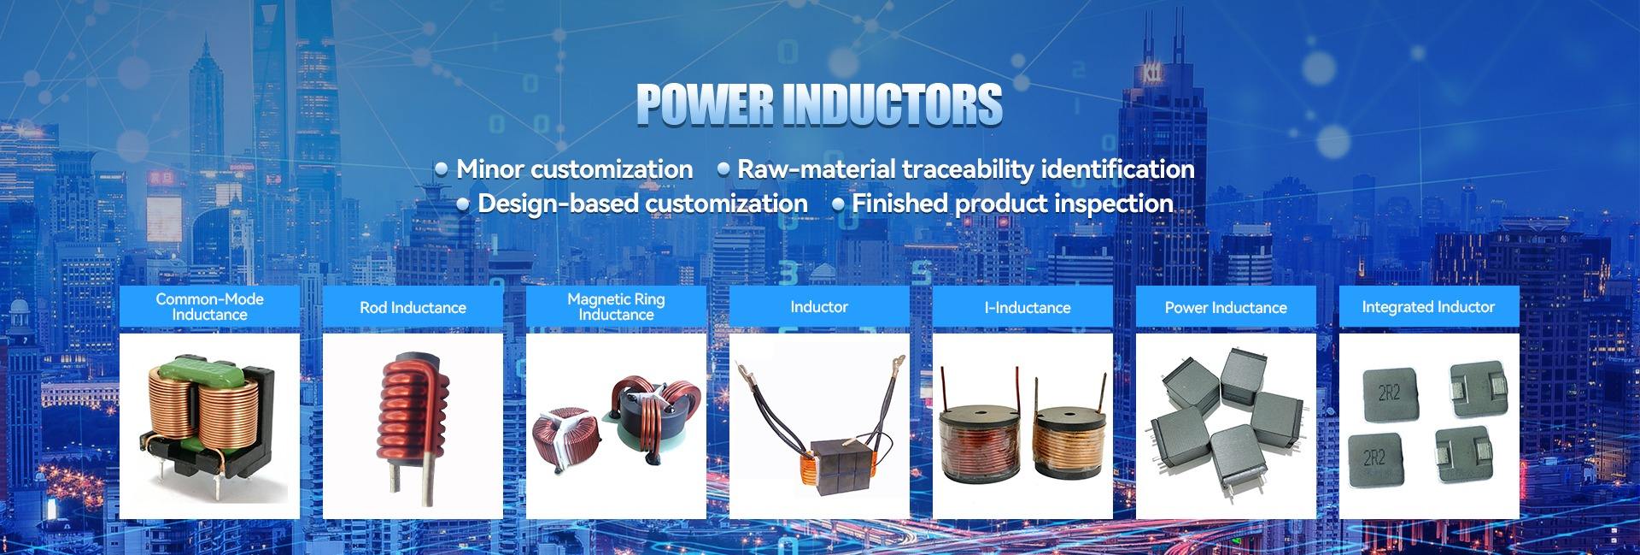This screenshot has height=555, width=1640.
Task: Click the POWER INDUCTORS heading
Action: tap(819, 104)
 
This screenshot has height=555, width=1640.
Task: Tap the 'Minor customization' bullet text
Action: tap(574, 169)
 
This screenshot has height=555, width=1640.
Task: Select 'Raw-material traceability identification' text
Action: tap(965, 169)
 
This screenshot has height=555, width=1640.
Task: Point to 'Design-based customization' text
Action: tap(642, 204)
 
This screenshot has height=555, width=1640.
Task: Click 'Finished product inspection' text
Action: tap(1012, 204)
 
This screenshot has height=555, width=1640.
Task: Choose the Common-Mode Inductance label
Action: tap(209, 307)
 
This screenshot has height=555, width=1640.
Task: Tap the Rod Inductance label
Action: tap(413, 308)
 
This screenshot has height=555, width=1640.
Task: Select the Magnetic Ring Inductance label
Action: tap(616, 307)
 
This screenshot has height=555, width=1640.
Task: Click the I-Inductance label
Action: tap(1027, 308)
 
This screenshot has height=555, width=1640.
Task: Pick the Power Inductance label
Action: tap(1226, 308)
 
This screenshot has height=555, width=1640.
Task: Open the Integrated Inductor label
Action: tap(1428, 307)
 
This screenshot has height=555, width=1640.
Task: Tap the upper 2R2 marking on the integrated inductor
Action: tap(1389, 393)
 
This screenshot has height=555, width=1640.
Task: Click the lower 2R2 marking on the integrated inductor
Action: tap(1374, 458)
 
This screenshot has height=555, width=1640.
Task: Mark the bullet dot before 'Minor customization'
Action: tap(442, 169)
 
